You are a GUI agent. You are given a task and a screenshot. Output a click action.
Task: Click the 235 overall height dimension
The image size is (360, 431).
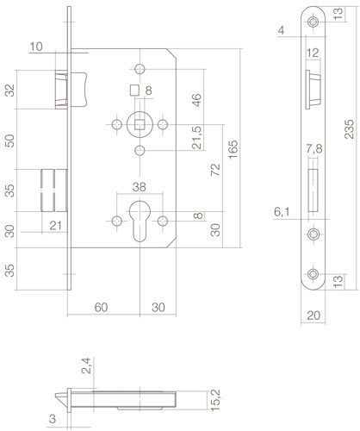(350, 129)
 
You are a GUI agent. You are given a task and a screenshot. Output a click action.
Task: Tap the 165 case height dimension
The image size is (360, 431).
(233, 149)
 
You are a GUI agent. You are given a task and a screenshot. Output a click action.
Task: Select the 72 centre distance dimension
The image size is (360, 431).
(215, 170)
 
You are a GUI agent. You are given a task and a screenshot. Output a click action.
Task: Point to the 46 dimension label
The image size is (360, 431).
(196, 100)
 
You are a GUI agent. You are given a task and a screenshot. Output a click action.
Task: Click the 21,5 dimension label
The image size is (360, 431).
(197, 138)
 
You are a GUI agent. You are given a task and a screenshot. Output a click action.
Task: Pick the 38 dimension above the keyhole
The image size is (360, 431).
(140, 187)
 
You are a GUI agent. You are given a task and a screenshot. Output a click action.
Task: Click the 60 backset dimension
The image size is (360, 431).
(101, 308)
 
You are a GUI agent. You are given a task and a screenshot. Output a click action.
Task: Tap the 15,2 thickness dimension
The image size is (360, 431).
(215, 400)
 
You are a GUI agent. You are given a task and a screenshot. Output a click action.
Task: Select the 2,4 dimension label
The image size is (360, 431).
(86, 365)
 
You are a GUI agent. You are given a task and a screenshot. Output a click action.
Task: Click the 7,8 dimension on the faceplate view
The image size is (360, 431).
(314, 149)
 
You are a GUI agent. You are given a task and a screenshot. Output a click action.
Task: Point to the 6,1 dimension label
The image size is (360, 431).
(282, 212)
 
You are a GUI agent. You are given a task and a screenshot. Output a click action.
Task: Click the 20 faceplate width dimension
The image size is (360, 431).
(313, 315)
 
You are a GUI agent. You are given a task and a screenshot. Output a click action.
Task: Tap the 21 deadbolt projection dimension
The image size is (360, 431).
(55, 226)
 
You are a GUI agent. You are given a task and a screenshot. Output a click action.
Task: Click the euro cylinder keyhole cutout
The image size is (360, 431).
(140, 221)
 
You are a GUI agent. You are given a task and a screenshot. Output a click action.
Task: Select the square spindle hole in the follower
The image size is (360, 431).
(140, 125)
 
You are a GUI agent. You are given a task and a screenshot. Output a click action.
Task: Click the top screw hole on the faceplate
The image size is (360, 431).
(313, 22)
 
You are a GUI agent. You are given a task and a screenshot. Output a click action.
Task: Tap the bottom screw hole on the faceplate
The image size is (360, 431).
(313, 274)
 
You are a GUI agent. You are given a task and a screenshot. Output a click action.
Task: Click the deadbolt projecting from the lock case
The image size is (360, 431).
(54, 191)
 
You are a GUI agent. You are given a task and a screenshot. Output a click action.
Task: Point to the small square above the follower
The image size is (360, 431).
(134, 90)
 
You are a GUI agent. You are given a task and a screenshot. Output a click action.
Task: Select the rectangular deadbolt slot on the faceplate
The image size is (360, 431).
(313, 191)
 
